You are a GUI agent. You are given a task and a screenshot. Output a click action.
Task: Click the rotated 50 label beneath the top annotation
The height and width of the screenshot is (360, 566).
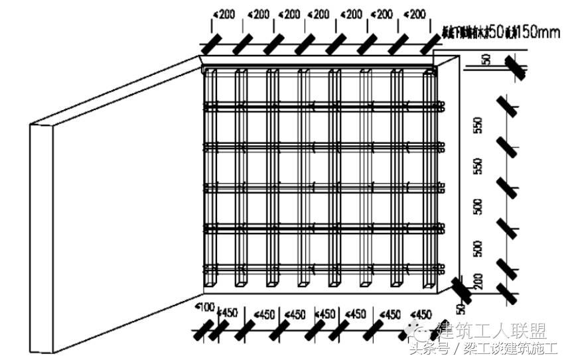tap(486, 59)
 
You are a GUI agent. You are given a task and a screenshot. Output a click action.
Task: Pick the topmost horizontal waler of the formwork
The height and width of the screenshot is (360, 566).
tap(322, 105)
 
